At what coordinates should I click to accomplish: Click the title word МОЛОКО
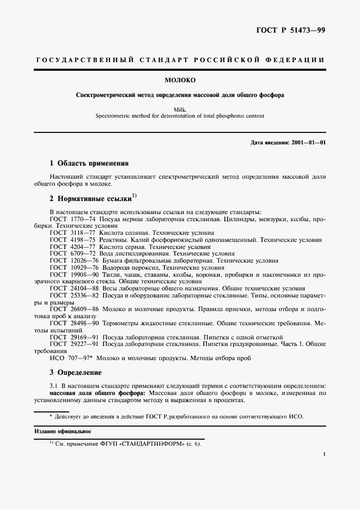(180, 81)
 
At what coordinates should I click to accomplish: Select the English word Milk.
(180, 109)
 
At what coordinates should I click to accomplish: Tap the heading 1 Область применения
(89, 163)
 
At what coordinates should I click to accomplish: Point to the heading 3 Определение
(75, 373)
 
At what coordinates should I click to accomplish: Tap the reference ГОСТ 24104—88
(74, 289)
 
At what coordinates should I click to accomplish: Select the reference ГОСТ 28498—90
(74, 323)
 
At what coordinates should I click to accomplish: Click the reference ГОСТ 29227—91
(74, 344)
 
